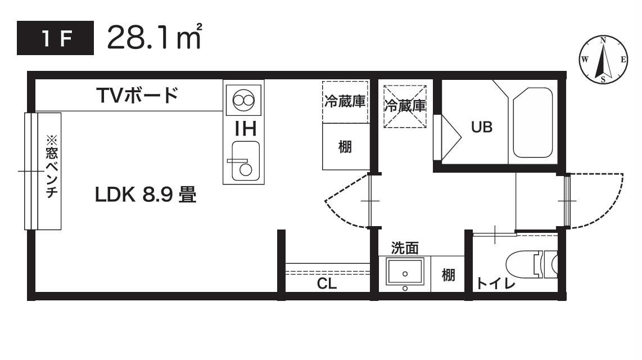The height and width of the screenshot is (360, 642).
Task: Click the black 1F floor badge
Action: coord(56,39)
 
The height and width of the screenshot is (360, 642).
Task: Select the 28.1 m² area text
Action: coord(154,38)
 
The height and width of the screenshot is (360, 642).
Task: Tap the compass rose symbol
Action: coord(603,60)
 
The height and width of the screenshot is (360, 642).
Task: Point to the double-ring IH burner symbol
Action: coord(243,101)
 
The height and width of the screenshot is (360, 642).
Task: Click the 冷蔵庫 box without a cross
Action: coord(345,102)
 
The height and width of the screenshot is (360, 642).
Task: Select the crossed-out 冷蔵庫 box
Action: coord(405,105)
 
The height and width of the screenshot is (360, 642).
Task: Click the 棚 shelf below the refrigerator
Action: coord(345,147)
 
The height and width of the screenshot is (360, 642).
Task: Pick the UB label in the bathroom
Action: coord(481,127)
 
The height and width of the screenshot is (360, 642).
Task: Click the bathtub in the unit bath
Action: coord(533,123)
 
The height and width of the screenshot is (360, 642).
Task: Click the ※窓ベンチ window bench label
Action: coord(51,170)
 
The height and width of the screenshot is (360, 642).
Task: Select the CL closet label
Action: coord(327,283)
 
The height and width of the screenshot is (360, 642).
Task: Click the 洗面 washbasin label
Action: coord(405,247)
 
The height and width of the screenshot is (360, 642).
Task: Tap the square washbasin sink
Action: coord(405,272)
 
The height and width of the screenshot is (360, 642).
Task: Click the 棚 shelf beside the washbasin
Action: coord(448,274)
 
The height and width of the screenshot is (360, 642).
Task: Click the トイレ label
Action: coord(496,283)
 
